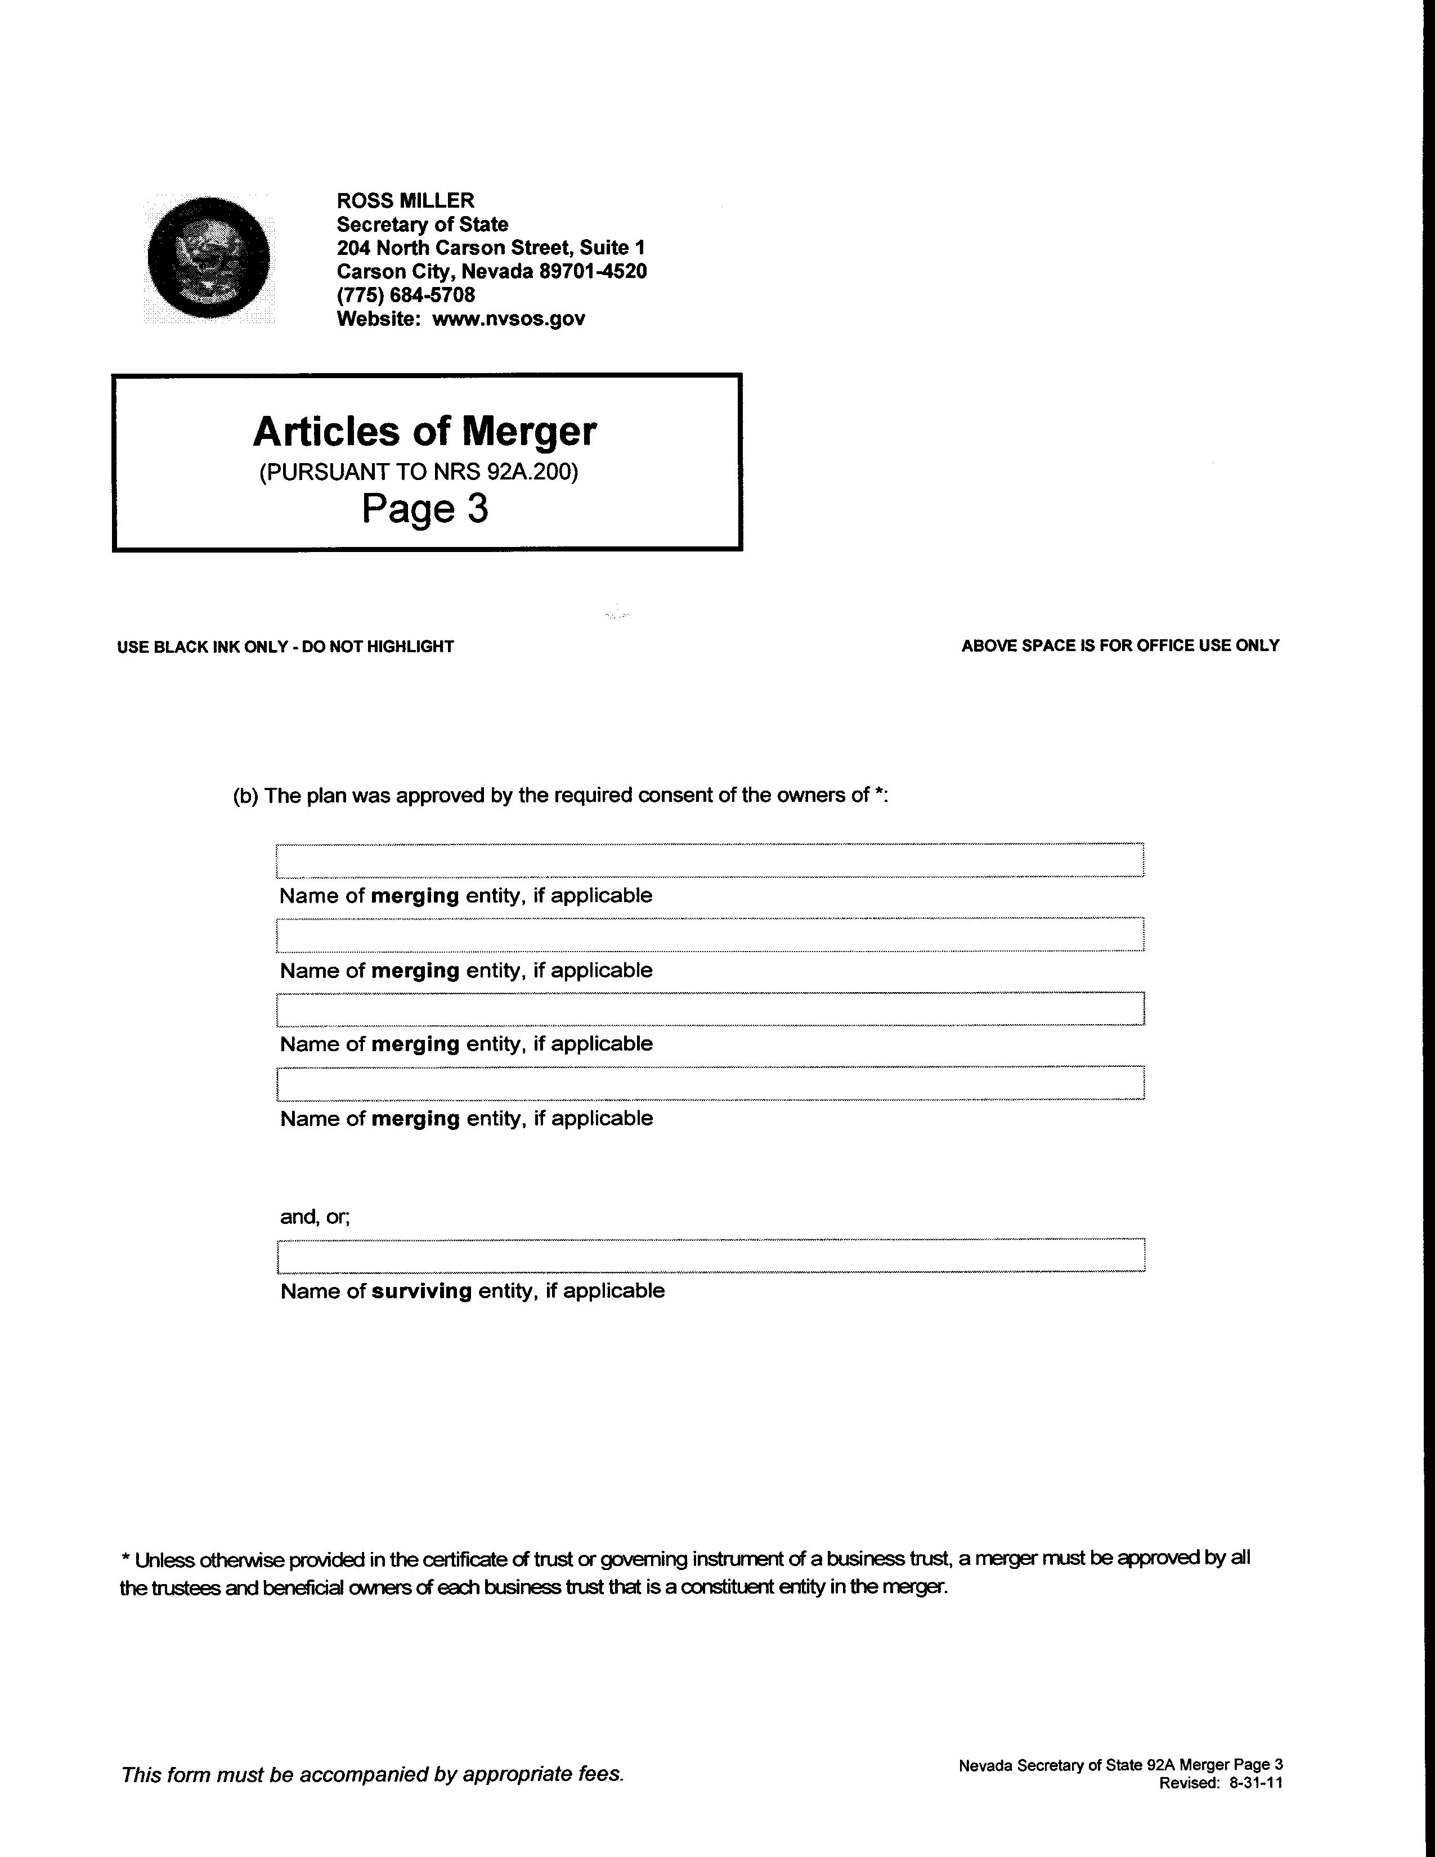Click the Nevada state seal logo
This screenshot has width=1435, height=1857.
click(x=209, y=258)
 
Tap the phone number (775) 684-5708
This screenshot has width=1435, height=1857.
click(x=406, y=295)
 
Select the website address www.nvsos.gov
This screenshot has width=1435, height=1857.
click(x=508, y=319)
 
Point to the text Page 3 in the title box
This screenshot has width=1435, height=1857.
click(x=425, y=509)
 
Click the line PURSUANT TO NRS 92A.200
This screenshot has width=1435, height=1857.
click(x=418, y=472)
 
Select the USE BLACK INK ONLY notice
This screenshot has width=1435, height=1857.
click(x=285, y=647)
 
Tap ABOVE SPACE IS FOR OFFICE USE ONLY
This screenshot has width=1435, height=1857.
click(x=1120, y=646)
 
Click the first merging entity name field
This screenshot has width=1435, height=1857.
click(x=710, y=860)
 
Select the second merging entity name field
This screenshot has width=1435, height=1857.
click(x=710, y=935)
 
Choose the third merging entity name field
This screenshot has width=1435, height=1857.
click(x=710, y=1008)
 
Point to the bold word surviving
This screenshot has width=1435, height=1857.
click(x=421, y=1291)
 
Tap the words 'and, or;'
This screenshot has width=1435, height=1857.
click(x=315, y=1217)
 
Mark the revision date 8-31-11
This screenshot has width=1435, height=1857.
click(x=1255, y=1783)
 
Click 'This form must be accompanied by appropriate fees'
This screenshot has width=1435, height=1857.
click(x=373, y=1774)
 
